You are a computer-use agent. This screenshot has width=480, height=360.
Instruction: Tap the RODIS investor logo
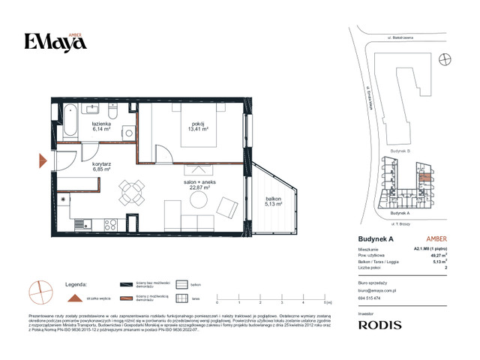coord(379,325)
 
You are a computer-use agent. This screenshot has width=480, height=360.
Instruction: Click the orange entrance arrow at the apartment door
coord(43,160)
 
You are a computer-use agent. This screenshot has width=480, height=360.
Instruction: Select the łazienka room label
coord(101,124)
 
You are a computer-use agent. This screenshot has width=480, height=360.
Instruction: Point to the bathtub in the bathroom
coord(70,118)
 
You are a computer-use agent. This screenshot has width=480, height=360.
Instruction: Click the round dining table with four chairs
coord(133,192)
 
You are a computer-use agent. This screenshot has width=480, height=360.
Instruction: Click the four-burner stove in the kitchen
coord(109,223)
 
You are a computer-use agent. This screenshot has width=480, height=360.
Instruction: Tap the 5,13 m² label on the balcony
coord(273,202)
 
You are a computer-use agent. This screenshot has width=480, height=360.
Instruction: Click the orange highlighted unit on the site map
coord(425,178)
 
